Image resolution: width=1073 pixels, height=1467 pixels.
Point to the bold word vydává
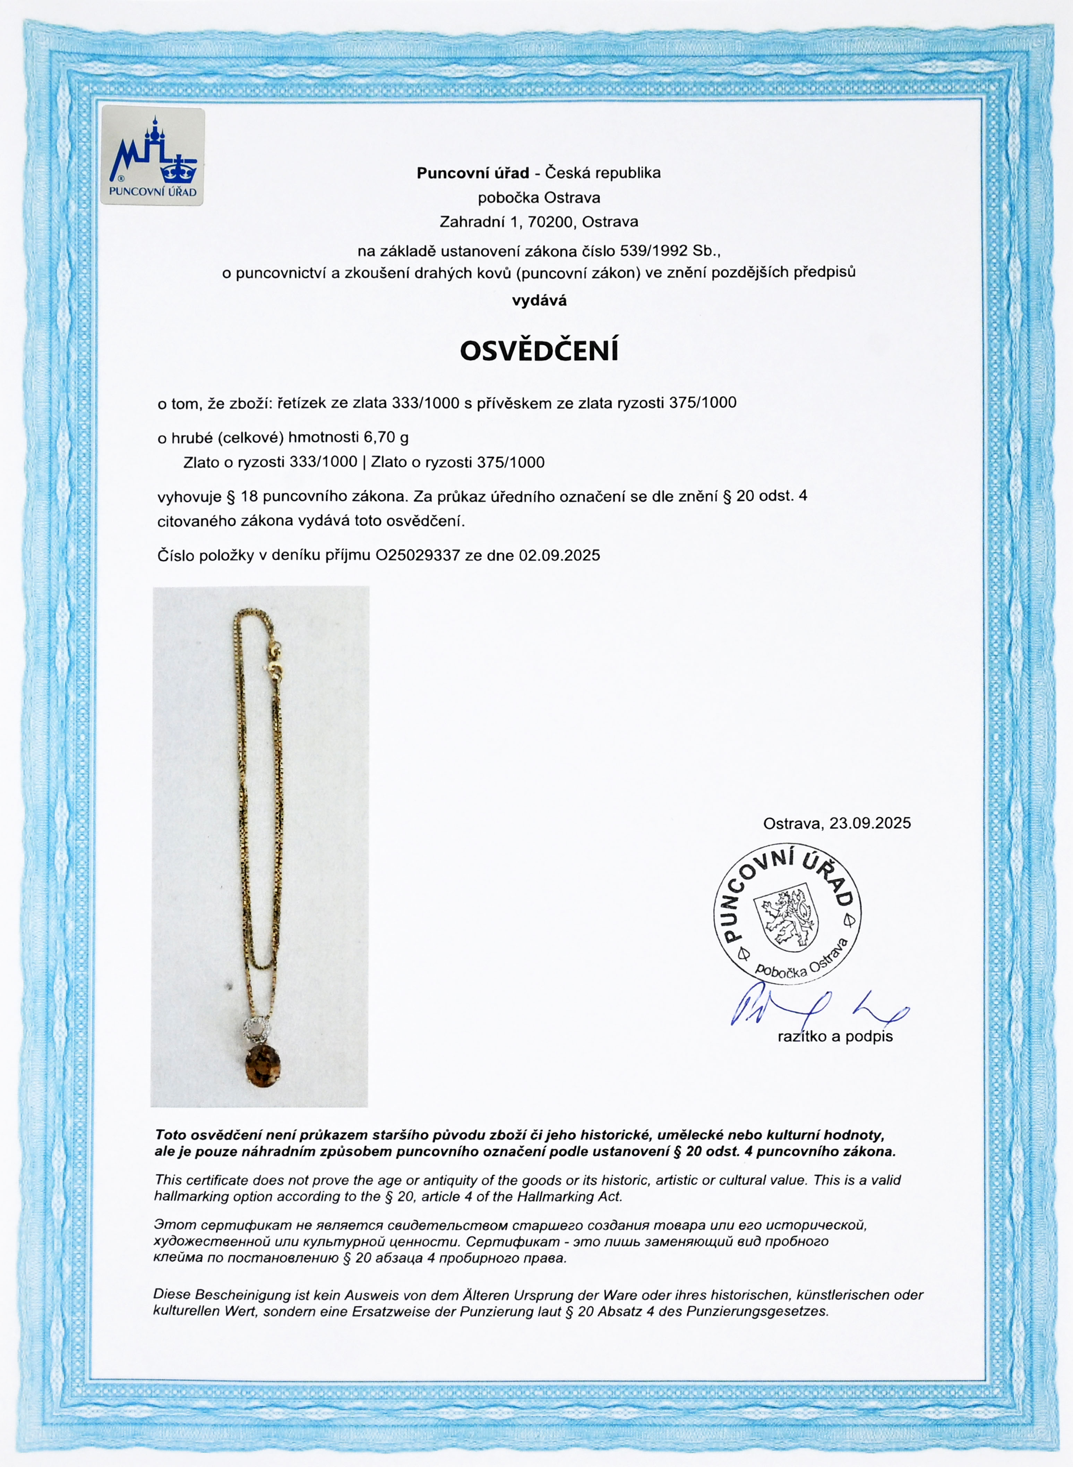tap(539, 301)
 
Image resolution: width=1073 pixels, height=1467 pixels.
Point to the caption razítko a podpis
tap(835, 1037)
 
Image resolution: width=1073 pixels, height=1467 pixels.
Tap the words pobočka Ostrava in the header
tap(539, 197)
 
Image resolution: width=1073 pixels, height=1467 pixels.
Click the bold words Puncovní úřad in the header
tap(472, 173)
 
